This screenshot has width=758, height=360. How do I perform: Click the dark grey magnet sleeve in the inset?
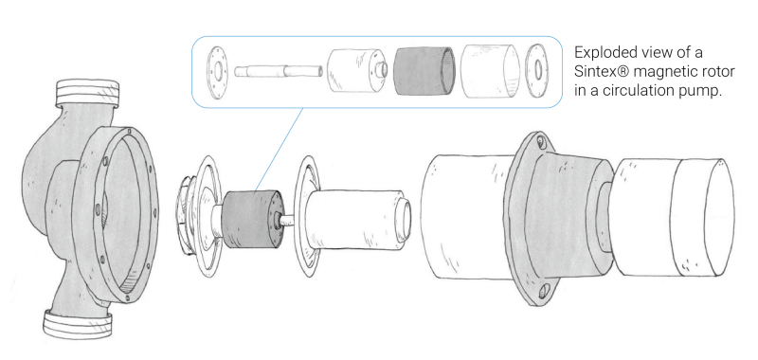424,70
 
